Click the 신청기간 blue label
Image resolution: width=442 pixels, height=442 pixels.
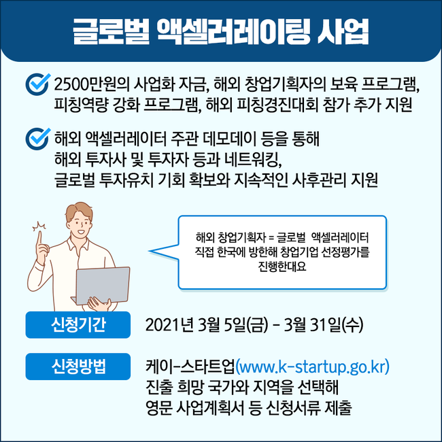[78, 324]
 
